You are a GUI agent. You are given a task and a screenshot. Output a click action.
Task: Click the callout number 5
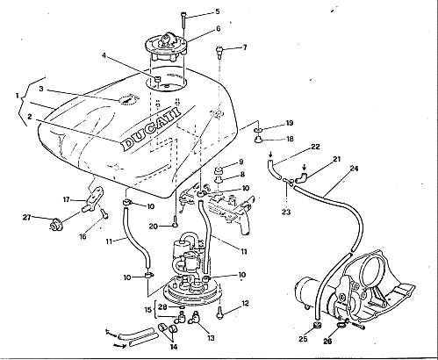click(217, 11)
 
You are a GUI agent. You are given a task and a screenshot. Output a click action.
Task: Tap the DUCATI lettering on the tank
click(151, 129)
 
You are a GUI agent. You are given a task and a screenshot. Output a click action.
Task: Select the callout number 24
click(354, 169)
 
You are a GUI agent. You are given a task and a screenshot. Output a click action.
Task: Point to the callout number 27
click(27, 217)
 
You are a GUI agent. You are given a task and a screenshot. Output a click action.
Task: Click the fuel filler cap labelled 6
click(166, 48)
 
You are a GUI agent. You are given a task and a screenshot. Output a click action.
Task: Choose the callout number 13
click(211, 338)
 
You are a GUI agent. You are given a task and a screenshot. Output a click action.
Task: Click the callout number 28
click(162, 306)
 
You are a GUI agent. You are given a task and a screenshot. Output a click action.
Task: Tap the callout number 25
click(303, 339)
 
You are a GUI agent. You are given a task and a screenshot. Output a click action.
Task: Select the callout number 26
click(328, 341)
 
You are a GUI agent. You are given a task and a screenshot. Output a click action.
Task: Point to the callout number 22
click(315, 147)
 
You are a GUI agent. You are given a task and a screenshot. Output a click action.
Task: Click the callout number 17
click(67, 199)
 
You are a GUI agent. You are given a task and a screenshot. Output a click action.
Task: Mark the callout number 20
click(153, 226)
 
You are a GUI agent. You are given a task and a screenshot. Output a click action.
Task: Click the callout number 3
click(41, 89)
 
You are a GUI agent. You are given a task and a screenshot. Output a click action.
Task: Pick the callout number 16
click(83, 236)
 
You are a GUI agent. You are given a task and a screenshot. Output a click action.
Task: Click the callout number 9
click(241, 162)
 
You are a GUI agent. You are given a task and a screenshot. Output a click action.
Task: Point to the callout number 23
click(286, 212)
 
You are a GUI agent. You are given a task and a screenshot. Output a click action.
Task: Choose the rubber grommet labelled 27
click(54, 225)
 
